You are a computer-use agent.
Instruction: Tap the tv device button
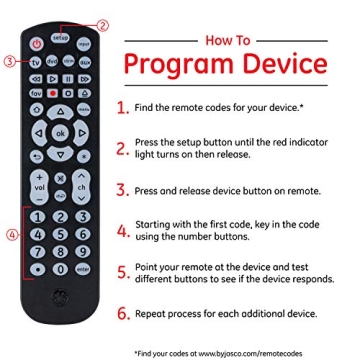point(35,61)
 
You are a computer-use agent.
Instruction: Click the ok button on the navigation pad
point(59,130)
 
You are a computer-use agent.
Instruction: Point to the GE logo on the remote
point(59,297)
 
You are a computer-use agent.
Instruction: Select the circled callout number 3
point(10,61)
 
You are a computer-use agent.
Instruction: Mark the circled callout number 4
point(11,236)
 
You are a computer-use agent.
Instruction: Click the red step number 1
point(122,106)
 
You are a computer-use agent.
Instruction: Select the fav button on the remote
point(35,92)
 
